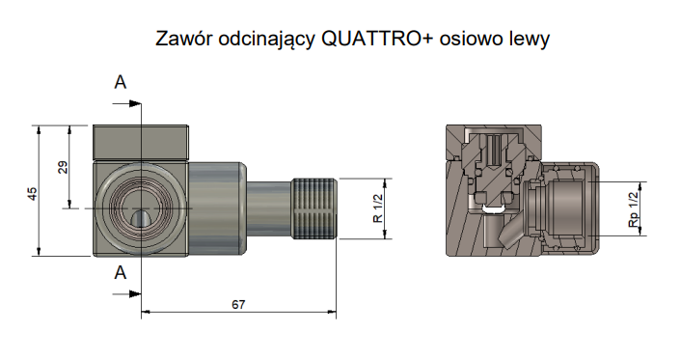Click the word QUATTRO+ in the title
pos(376,39)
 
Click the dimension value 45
pos(33,193)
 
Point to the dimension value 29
pos(64,167)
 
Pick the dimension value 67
pos(238,305)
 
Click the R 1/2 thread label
pos(378,208)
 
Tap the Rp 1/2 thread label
pos(634,209)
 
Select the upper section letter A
pos(121,82)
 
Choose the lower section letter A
pos(121,273)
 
